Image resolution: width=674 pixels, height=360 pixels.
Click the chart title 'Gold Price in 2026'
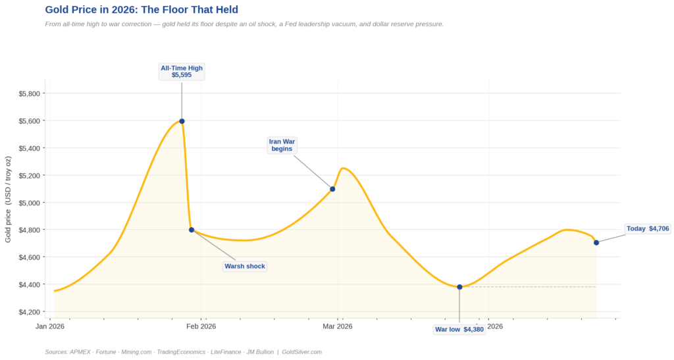(x=142, y=10)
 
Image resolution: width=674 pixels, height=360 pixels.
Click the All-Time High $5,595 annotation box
(x=182, y=72)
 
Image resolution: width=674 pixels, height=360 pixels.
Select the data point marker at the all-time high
(x=182, y=121)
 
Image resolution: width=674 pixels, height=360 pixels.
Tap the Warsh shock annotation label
(x=245, y=267)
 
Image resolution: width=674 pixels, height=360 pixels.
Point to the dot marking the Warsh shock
(x=192, y=230)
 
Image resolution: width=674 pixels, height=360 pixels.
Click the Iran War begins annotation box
(x=282, y=145)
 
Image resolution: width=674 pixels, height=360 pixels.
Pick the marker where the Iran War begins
(x=332, y=189)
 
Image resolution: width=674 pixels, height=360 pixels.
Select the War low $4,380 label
(x=459, y=330)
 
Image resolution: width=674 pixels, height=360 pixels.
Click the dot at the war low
(x=459, y=287)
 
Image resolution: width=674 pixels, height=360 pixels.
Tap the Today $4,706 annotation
(x=648, y=229)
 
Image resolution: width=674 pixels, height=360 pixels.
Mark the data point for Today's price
(x=596, y=243)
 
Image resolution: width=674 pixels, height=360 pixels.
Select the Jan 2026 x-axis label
(x=50, y=326)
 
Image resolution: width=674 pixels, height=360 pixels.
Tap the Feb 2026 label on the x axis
(x=201, y=326)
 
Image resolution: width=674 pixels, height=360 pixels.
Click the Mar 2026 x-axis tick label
(x=338, y=326)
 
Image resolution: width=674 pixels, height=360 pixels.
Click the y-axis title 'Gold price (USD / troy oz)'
(x=8, y=199)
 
